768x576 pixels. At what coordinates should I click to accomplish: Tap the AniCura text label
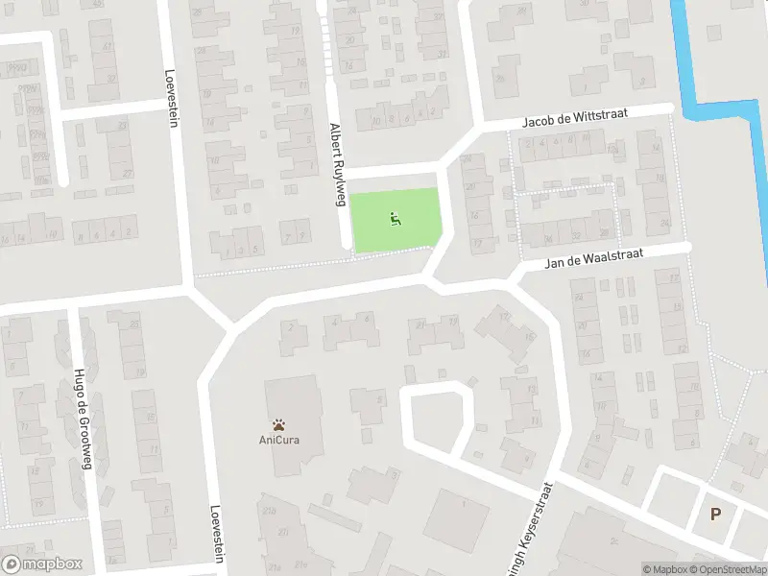coord(278,440)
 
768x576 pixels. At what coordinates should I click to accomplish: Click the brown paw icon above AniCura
coord(278,423)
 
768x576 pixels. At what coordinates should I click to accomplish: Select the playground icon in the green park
coord(395,221)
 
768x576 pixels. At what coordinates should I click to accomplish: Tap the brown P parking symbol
coord(715,515)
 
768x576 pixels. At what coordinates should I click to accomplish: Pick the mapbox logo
coord(40,564)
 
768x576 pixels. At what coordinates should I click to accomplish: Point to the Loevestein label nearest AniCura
coord(217,534)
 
